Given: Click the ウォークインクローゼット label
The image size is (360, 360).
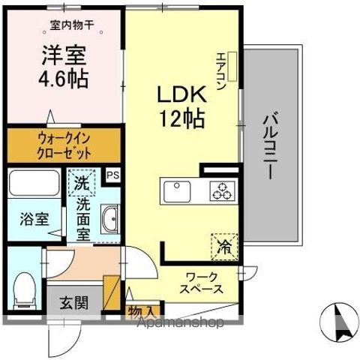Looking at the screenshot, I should point(63,145).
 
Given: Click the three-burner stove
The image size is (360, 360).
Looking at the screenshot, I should point(221,191).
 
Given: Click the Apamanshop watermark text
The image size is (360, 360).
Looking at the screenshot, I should point(179,324).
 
